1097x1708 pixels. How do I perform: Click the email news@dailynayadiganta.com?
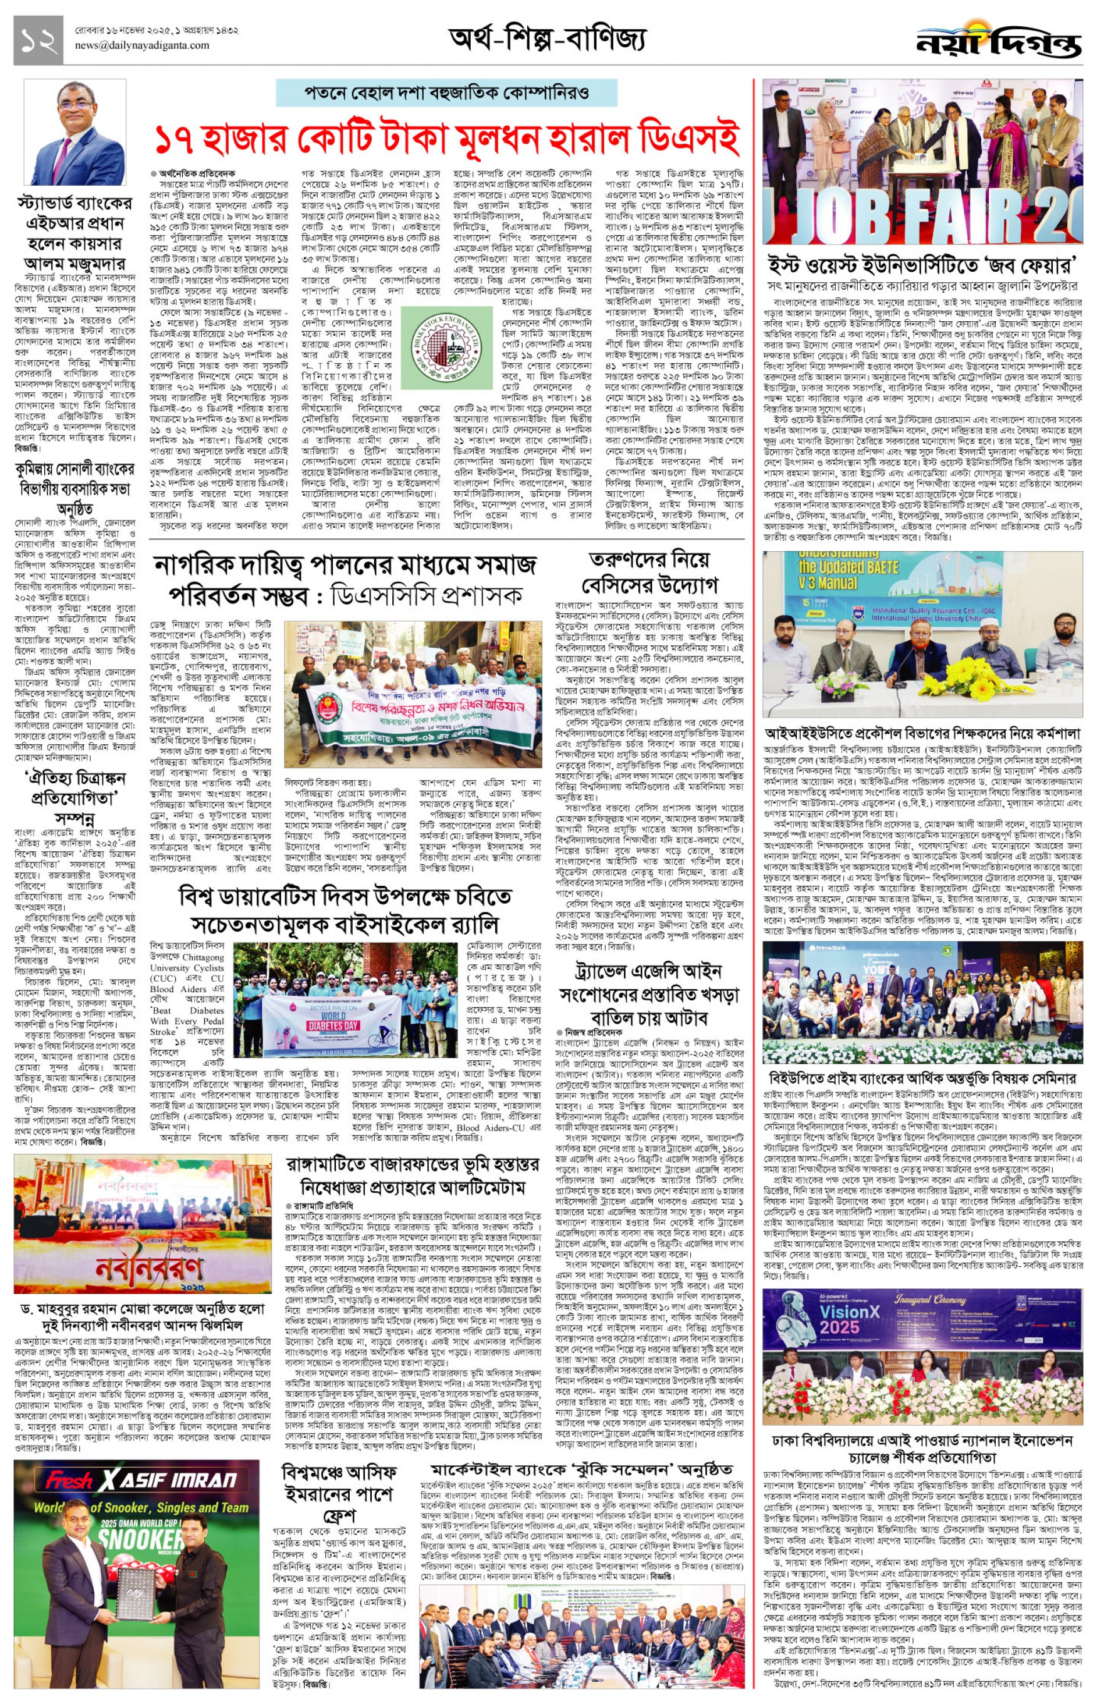coord(142,45)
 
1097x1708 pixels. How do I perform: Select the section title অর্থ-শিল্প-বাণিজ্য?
coord(547,39)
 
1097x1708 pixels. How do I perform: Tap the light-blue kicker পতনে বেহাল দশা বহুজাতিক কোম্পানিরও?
coord(448,93)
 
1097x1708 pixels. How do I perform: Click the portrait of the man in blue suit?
coord(76,132)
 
